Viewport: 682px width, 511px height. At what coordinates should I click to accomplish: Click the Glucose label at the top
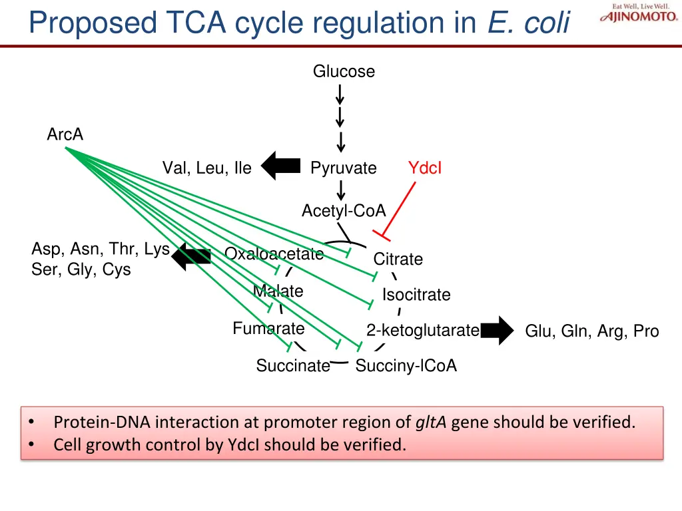coord(344,71)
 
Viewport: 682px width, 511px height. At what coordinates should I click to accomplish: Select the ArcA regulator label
coord(65,134)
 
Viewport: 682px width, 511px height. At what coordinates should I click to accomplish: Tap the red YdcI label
coord(425,168)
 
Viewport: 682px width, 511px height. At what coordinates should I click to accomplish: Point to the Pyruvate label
coord(344,168)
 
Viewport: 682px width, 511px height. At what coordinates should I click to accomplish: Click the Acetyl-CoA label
coord(344,211)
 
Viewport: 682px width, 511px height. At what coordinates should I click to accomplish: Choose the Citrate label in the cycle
coord(398,259)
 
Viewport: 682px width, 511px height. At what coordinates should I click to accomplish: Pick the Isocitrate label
coord(416,295)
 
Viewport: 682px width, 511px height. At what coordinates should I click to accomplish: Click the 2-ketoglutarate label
coord(422,330)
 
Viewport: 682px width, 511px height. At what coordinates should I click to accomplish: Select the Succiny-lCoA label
coord(406,366)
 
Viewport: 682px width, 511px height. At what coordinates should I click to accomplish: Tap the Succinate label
coord(293,366)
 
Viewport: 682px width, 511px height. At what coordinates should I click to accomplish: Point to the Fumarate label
coord(268,328)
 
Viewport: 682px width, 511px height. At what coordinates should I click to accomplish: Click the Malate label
coord(278,291)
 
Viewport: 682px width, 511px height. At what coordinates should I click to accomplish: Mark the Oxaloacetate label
coord(274,254)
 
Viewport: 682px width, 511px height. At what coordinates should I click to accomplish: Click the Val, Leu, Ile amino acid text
coord(207,168)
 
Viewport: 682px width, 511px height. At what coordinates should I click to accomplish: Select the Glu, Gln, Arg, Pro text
coord(592,331)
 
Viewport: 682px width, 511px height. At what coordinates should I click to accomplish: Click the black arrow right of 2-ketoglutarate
coord(497,331)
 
